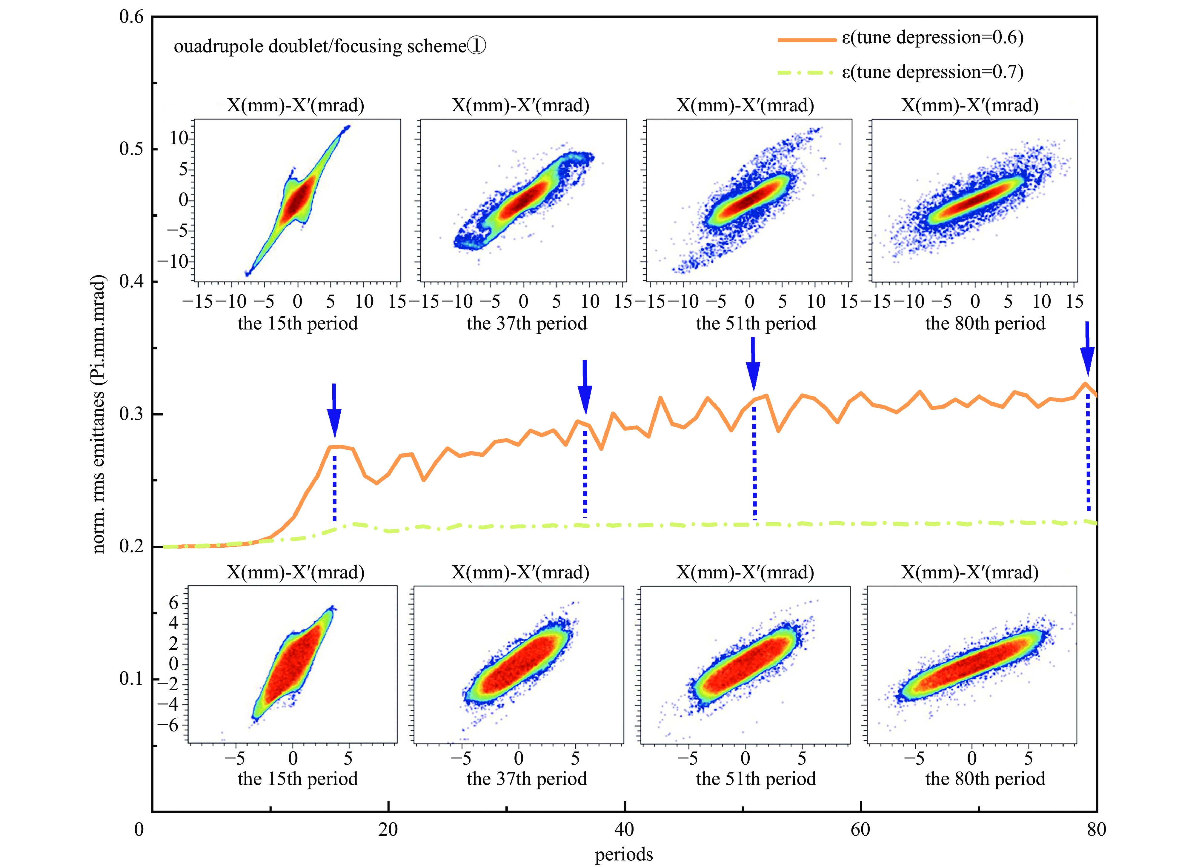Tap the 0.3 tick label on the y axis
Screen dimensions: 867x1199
tap(131, 414)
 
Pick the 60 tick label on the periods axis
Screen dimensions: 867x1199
tap(860, 829)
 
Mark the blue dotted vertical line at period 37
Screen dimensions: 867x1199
tap(585, 473)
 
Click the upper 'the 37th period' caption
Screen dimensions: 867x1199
tap(527, 323)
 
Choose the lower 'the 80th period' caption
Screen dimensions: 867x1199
tap(985, 779)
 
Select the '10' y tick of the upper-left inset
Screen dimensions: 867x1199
tap(179, 138)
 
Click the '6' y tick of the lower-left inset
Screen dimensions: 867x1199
tap(173, 603)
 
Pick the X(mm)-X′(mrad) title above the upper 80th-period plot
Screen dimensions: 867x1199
tap(970, 106)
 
